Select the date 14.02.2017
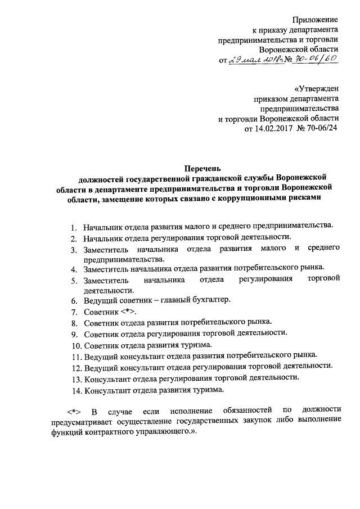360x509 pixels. (266, 129)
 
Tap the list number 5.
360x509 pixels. (73, 280)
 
